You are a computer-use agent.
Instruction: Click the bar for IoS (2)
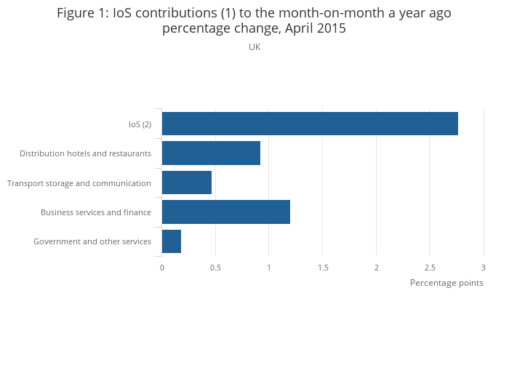coord(310,124)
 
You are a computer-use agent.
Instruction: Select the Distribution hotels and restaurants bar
coord(211,153)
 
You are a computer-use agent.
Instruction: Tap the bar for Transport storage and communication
coord(187,182)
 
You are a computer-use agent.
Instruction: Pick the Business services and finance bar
coord(226,212)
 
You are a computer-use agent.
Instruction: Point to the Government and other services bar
coord(172,241)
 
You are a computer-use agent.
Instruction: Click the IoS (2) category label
coord(140,124)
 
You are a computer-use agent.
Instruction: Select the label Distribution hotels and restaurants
coord(85,153)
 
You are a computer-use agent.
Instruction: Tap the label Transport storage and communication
coord(79,183)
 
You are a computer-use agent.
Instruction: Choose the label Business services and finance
coord(96,212)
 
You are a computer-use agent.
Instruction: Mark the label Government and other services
coord(92,241)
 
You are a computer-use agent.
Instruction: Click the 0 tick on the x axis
coord(162,268)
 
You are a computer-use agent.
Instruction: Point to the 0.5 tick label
coord(215,268)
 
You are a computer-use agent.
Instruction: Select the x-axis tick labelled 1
coord(269,268)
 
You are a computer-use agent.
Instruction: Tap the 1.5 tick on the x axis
coord(323,268)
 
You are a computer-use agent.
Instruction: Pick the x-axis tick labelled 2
coord(377,268)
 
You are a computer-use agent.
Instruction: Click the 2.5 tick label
coord(430,268)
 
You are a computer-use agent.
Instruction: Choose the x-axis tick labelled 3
coord(484,268)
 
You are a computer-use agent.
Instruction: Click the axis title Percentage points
coord(446,283)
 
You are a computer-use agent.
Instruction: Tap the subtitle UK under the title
coord(254,47)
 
